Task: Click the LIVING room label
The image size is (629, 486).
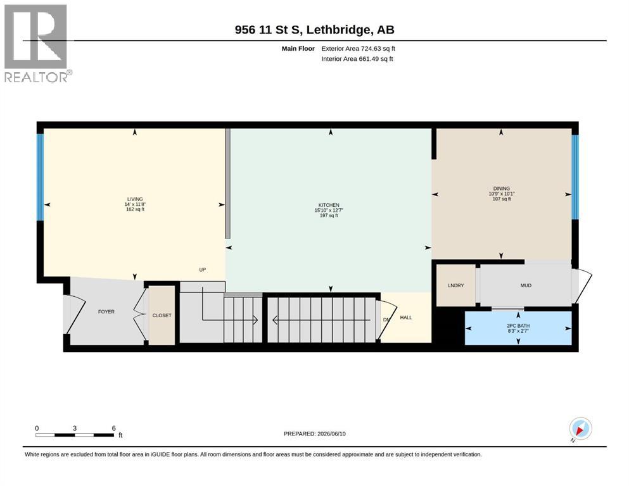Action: pyautogui.click(x=135, y=199)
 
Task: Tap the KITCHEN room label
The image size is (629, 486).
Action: pyautogui.click(x=329, y=205)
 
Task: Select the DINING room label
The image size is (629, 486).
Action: pyautogui.click(x=502, y=189)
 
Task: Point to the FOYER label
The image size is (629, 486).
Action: pyautogui.click(x=106, y=311)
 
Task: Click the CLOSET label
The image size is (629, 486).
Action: pyautogui.click(x=162, y=315)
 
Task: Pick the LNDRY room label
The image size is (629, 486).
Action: pyautogui.click(x=455, y=285)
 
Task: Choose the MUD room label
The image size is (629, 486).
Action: pyautogui.click(x=526, y=285)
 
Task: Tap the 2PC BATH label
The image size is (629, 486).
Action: pyautogui.click(x=518, y=326)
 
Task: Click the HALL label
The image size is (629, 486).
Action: pyautogui.click(x=406, y=317)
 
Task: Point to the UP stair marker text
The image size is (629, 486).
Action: pyautogui.click(x=203, y=270)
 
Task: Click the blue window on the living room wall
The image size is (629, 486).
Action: pyautogui.click(x=40, y=177)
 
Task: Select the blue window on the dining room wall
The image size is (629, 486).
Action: pyautogui.click(x=575, y=177)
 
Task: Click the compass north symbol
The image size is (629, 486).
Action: pyautogui.click(x=580, y=429)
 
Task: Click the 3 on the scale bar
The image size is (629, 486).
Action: pyautogui.click(x=75, y=428)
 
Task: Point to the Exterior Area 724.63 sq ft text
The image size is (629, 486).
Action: pyautogui.click(x=359, y=49)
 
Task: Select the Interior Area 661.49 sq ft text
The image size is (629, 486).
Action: pyautogui.click(x=357, y=58)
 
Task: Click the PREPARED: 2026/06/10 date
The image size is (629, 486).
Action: pyautogui.click(x=314, y=433)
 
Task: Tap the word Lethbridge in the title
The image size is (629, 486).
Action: pyautogui.click(x=338, y=30)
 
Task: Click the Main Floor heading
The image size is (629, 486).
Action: pyautogui.click(x=298, y=49)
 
